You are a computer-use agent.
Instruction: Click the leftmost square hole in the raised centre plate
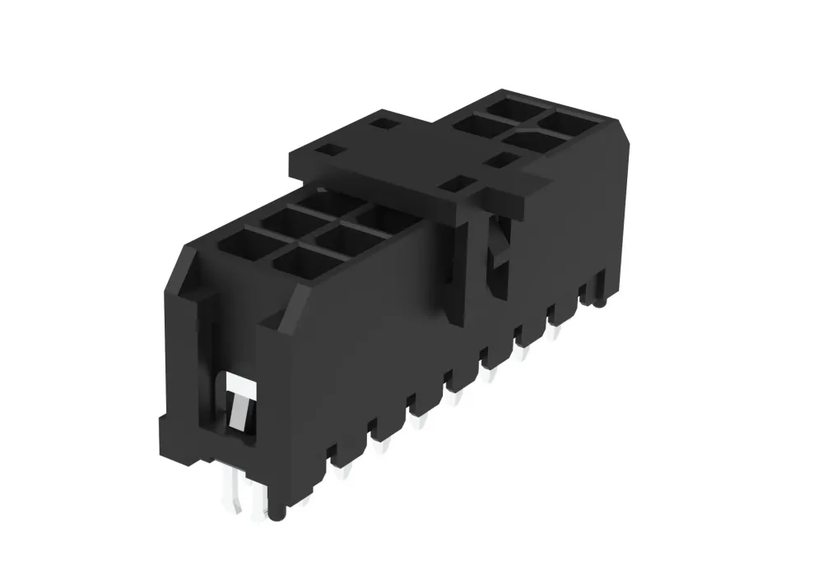click(328, 151)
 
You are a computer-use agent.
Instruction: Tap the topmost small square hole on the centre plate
click(381, 124)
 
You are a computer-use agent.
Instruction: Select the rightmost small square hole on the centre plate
click(500, 159)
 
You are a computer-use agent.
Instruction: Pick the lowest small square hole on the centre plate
click(454, 186)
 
